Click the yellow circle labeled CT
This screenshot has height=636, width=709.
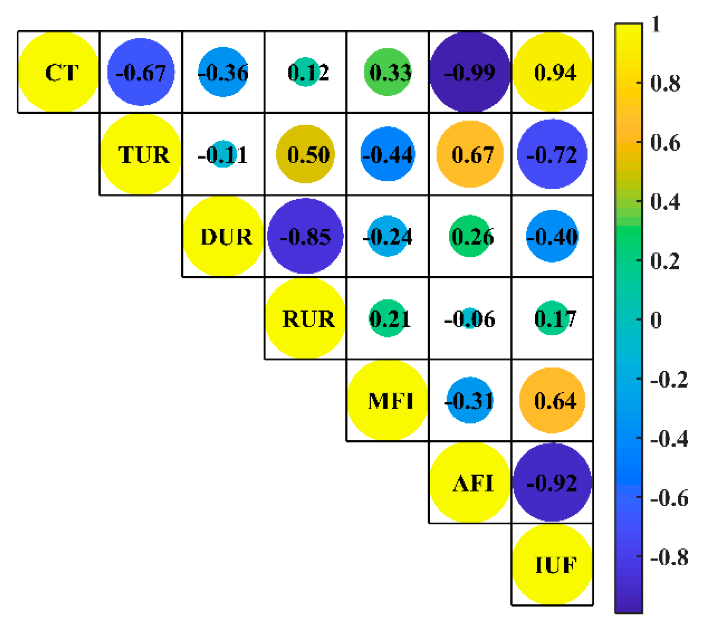[58, 72]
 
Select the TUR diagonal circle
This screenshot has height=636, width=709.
[141, 154]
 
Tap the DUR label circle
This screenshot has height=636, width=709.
[223, 236]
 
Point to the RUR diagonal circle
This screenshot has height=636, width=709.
[305, 318]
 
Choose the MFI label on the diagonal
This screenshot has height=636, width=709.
[388, 400]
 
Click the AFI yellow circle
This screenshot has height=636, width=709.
[470, 482]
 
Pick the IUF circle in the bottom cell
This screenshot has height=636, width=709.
[552, 564]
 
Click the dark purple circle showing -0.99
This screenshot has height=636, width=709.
[470, 72]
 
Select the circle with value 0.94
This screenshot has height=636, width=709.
[552, 72]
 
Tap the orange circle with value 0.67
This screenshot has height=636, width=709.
[470, 154]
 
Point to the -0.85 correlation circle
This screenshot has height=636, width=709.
[305, 236]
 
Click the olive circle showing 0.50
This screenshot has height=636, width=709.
[305, 154]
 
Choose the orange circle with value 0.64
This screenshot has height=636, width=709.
[552, 400]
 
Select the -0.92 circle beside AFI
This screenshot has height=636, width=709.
[552, 482]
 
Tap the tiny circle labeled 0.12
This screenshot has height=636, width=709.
[305, 72]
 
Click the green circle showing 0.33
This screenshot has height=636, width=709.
[388, 72]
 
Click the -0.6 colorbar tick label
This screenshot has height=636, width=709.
[669, 498]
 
